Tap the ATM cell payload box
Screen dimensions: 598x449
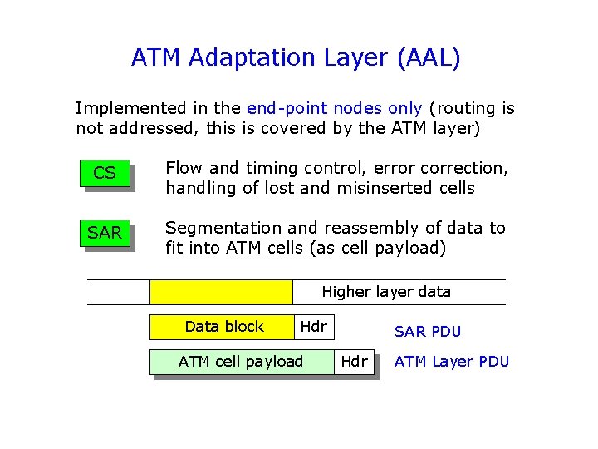(242, 362)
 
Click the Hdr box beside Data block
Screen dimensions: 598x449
(313, 327)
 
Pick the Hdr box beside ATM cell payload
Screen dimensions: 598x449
(355, 362)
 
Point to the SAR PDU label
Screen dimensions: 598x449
(428, 332)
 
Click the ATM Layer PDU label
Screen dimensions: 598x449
(452, 362)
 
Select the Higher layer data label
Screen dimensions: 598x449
(386, 292)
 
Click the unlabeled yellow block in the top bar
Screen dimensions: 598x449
(221, 292)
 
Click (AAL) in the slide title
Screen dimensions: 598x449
(429, 58)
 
